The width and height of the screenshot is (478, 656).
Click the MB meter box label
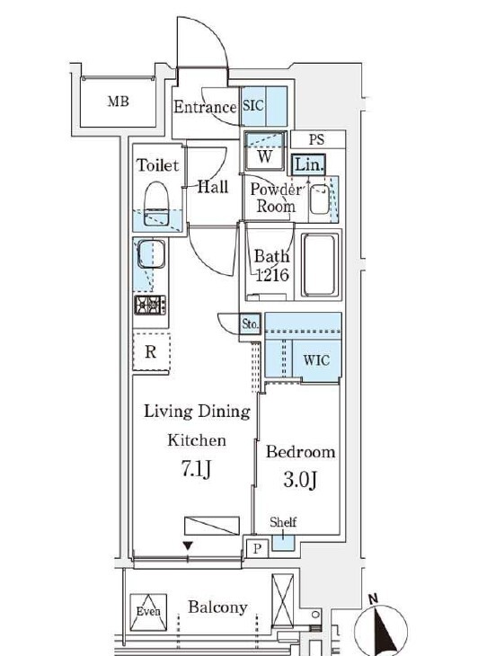pos(118,102)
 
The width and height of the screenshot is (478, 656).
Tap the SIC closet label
pos(253,105)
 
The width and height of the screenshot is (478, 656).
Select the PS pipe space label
pos(316,139)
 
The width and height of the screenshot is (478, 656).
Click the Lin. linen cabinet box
pos(308,164)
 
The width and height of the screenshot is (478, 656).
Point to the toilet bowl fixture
pos(156,203)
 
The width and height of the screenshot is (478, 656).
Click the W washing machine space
pos(265,151)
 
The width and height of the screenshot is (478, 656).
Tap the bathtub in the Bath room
pos(320,265)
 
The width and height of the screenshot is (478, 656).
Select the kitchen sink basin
pos(151,253)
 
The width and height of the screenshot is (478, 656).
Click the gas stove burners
pos(150,305)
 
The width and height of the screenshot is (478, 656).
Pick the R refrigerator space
pos(151,351)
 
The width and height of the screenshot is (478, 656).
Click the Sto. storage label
pos(251,324)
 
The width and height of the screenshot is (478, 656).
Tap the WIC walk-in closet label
pos(316,359)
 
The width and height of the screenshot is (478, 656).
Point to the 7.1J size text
pos(196,469)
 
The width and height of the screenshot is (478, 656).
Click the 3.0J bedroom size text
pos(300,480)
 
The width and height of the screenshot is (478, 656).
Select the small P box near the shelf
pos(257,547)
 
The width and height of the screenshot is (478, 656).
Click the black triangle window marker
pos(188,546)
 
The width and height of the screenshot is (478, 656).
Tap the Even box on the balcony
pos(148,612)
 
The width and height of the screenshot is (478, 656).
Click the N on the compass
pos(373,598)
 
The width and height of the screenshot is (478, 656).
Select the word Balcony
pos(217,607)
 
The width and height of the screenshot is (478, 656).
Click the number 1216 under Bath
pos(272,275)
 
